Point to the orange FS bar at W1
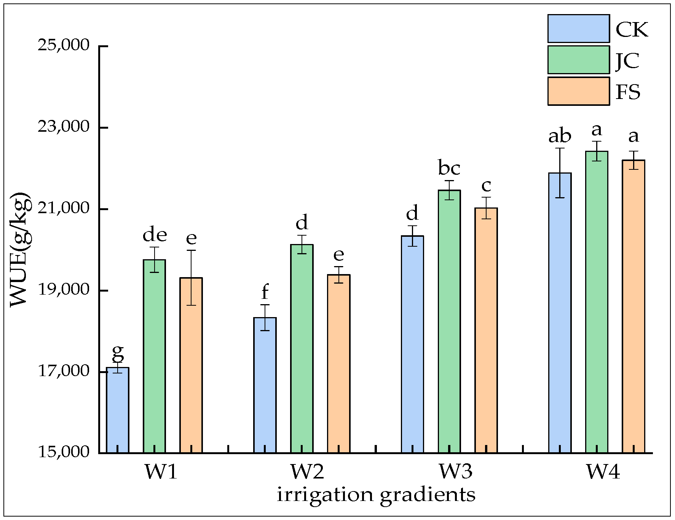point(191,365)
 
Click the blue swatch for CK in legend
point(578,29)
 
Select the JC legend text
point(628,60)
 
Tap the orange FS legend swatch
point(578,91)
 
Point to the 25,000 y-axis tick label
point(63,45)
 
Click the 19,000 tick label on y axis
point(63,290)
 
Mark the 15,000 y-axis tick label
point(63,452)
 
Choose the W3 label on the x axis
point(456,472)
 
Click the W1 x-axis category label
point(161,472)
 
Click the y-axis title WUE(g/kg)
point(20,249)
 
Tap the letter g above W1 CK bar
point(118,353)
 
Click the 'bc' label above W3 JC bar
point(449,168)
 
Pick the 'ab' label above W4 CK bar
point(560,136)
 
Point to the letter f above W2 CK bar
point(265,292)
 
